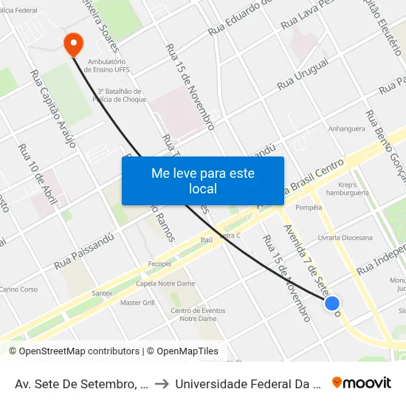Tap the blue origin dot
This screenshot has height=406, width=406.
(332, 303)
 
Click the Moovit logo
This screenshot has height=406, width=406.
(362, 382)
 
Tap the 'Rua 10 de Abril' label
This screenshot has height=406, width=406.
(38, 173)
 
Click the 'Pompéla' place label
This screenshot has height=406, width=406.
(309, 207)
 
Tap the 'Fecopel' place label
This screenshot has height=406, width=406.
(159, 264)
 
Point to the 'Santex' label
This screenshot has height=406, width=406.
(102, 293)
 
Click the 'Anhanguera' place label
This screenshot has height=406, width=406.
(347, 128)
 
